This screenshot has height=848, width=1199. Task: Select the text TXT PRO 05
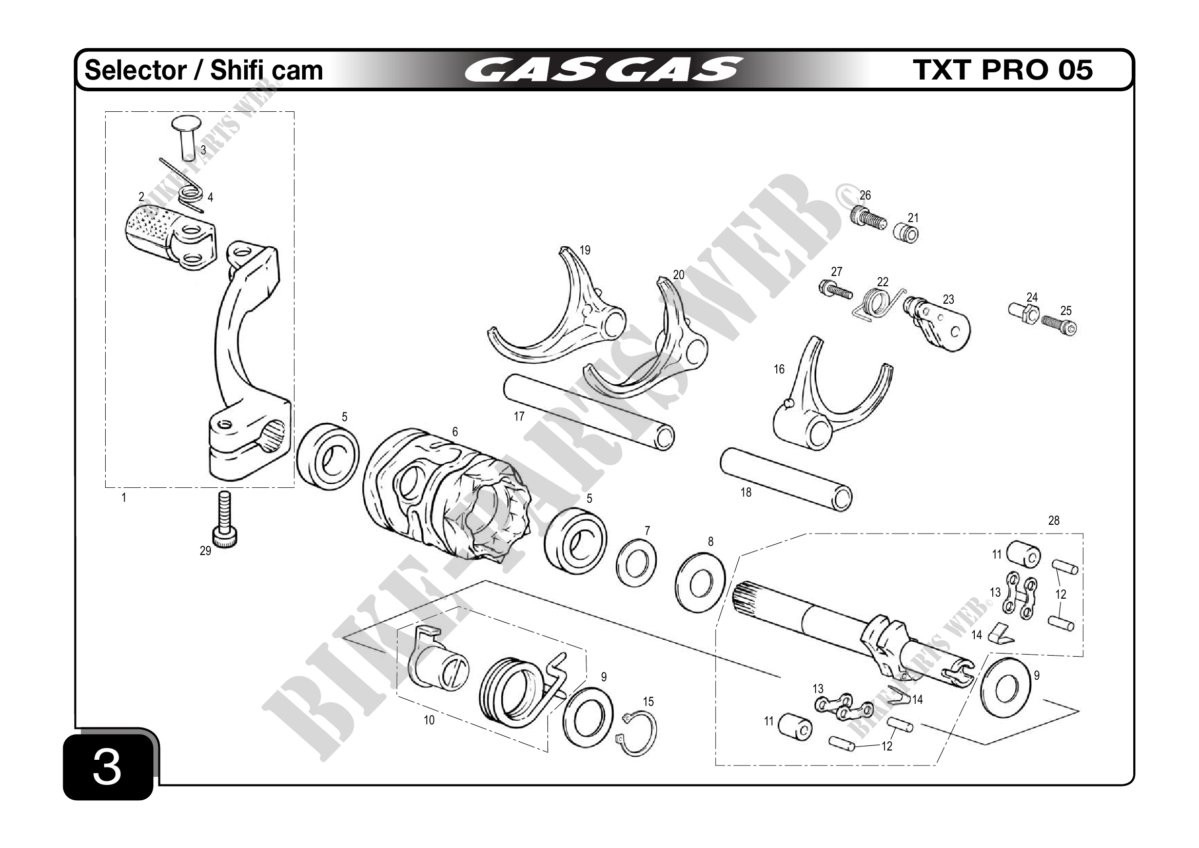tap(1002, 70)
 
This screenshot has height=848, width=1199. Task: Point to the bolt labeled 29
tap(224, 522)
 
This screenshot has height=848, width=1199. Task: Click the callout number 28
tap(1054, 521)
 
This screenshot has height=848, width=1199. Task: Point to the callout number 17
tap(519, 416)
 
